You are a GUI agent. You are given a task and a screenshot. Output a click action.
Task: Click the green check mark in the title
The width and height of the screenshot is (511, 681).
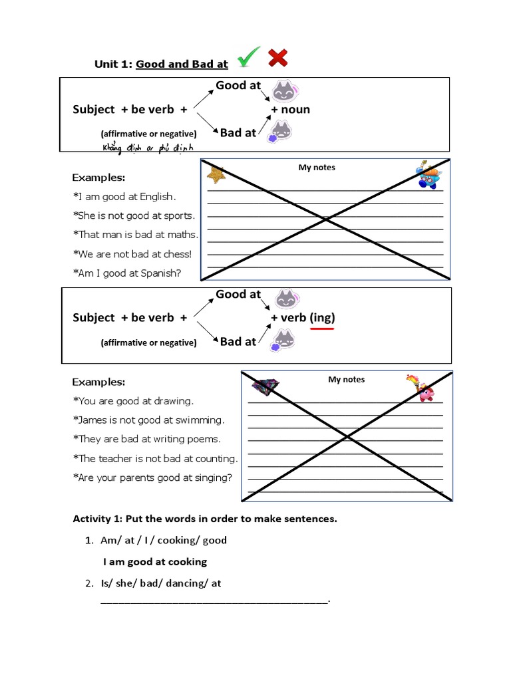click(248, 58)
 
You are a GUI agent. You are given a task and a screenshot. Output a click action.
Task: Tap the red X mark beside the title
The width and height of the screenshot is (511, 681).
click(278, 58)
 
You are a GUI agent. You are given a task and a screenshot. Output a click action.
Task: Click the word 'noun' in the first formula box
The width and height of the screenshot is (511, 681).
click(295, 110)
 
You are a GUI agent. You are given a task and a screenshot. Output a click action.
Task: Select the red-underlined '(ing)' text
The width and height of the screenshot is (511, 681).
click(322, 318)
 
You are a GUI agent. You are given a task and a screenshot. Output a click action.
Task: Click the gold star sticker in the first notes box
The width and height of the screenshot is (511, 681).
click(216, 175)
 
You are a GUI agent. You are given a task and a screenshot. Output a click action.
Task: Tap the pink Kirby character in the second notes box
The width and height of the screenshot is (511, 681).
click(425, 392)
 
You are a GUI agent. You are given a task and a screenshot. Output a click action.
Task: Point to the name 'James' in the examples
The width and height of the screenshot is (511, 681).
click(94, 420)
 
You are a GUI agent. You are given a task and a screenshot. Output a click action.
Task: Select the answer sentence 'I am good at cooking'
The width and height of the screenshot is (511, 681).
click(155, 562)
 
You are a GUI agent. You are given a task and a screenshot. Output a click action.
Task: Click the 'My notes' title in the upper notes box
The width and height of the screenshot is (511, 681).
click(317, 168)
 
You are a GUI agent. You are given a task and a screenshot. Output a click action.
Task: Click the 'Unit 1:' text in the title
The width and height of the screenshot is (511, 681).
click(113, 65)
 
